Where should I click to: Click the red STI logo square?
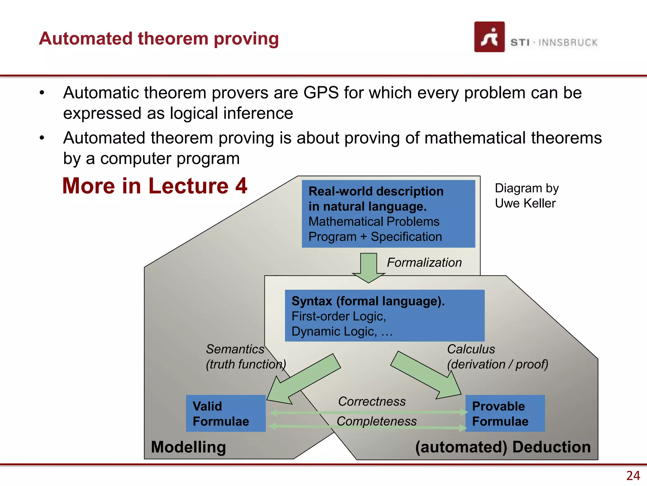[x=489, y=37]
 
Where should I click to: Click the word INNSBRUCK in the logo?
[x=568, y=42]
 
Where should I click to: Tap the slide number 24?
[x=633, y=476]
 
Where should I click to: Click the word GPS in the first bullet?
[x=321, y=93]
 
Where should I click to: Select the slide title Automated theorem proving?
[x=159, y=39]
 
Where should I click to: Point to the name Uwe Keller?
[x=525, y=203]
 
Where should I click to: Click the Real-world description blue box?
[x=388, y=214]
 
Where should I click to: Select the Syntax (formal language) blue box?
[x=384, y=315]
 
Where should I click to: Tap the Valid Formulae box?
[x=226, y=413]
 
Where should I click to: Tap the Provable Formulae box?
[x=505, y=413]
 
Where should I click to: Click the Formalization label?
[x=424, y=263]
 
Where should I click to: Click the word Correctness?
[x=372, y=402]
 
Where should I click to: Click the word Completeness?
[x=377, y=421]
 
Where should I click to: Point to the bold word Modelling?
[x=188, y=447]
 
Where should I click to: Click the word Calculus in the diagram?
[x=471, y=349]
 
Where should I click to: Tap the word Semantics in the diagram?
[x=235, y=349]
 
